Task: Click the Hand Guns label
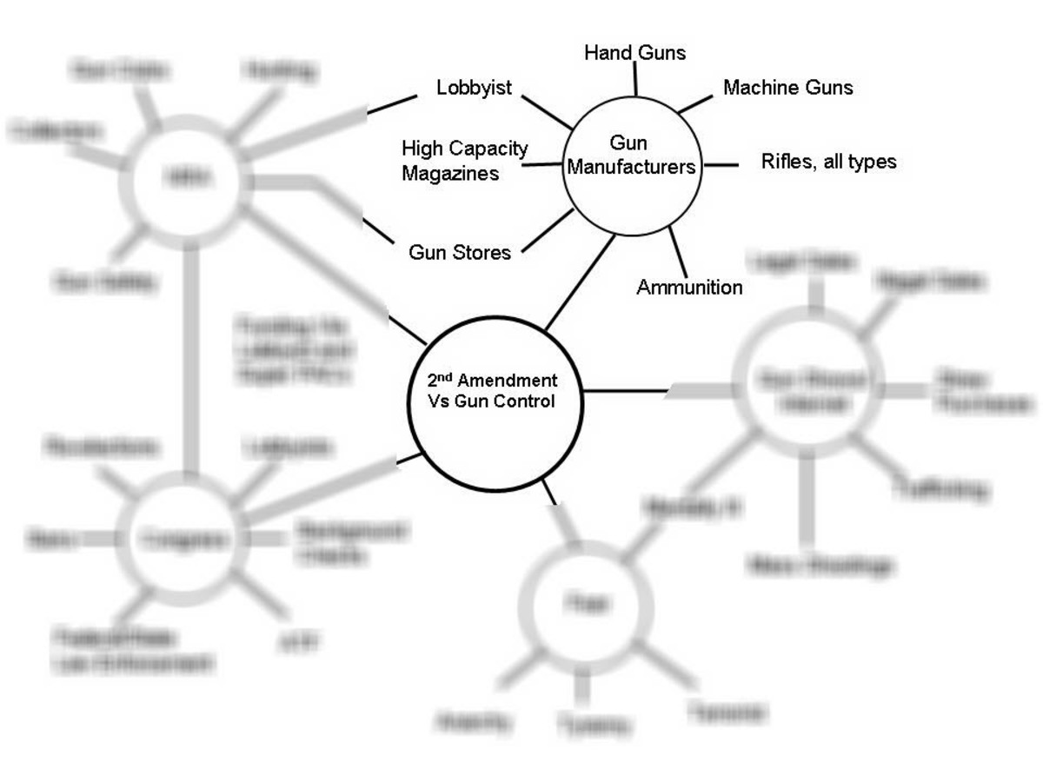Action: tap(634, 53)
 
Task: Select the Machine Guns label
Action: tap(787, 88)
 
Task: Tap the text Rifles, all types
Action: tap(828, 162)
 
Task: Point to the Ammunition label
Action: tap(689, 288)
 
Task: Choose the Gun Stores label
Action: tap(460, 253)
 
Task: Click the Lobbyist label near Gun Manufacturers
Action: tap(474, 88)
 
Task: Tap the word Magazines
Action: tap(450, 173)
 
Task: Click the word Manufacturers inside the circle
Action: tap(632, 167)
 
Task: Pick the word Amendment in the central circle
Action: tap(508, 381)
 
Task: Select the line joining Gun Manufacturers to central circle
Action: tap(580, 283)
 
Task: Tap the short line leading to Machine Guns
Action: tap(694, 103)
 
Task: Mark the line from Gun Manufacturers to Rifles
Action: tap(721, 163)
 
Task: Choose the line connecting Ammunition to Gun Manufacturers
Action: tap(678, 251)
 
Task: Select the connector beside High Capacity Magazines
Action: tap(541, 162)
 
